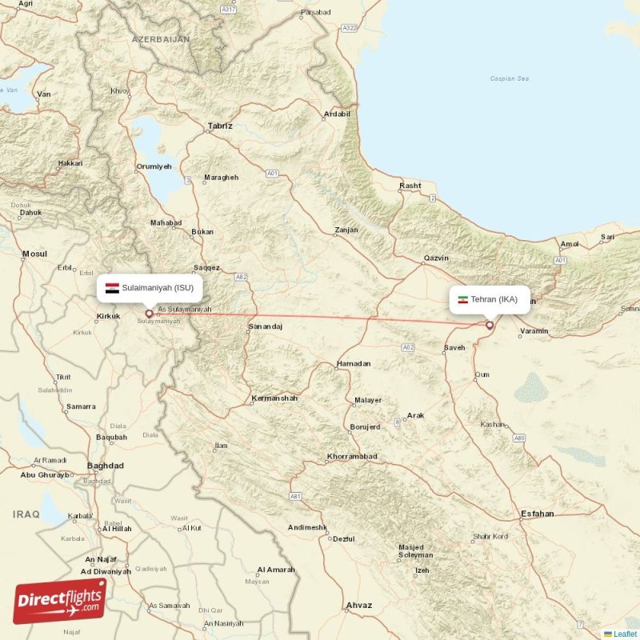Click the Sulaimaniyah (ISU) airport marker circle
tap(149, 314)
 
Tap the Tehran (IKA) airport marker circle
tap(490, 325)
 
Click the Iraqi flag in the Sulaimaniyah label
tap(112, 286)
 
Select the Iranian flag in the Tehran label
tap(462, 300)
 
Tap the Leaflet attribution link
tap(625, 634)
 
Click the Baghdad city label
tap(106, 465)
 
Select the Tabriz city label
tap(219, 126)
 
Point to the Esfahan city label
tap(537, 514)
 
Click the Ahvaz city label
tap(358, 606)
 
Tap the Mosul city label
tap(34, 254)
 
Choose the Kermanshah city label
tap(274, 398)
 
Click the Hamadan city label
tap(354, 363)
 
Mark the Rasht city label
tap(410, 186)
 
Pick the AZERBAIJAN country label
tap(161, 38)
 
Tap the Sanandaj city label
tap(266, 327)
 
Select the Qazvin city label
tap(436, 258)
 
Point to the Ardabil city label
tap(337, 114)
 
